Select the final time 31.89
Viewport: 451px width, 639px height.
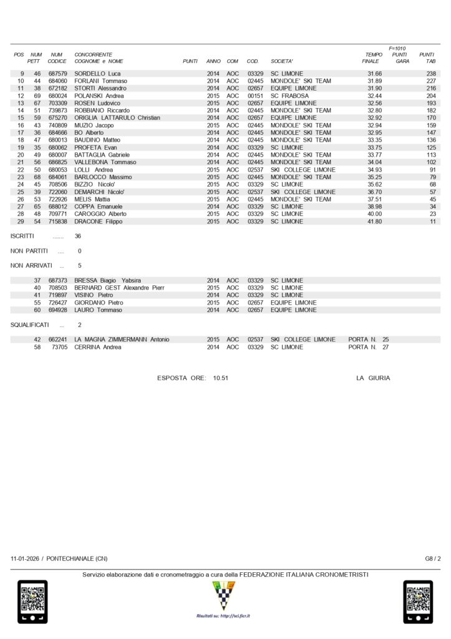374,81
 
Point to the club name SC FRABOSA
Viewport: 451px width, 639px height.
290,95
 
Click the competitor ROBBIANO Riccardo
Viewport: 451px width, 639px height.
102,110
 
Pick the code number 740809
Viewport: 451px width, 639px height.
57,125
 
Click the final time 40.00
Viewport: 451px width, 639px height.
374,213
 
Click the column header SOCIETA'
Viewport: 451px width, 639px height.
282,61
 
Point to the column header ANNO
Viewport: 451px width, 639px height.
213,61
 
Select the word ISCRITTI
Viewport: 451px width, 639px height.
22,237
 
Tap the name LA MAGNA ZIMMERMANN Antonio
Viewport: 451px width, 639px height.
121,339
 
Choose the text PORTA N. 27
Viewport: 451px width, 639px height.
369,347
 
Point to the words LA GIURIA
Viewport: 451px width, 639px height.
373,378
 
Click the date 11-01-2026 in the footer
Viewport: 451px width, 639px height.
24,559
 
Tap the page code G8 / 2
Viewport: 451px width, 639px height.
433,559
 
